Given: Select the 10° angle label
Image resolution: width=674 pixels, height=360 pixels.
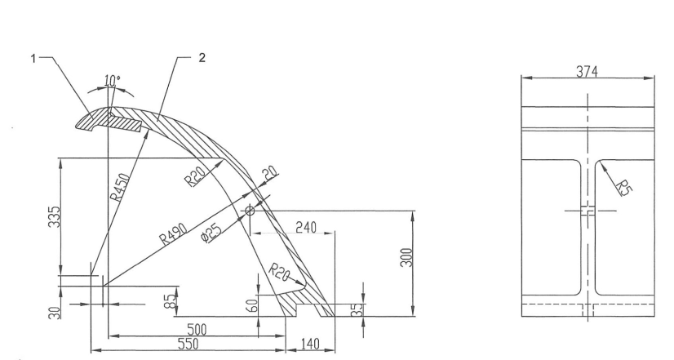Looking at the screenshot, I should click(x=113, y=80).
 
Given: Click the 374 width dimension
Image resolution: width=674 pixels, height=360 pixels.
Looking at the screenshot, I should click(x=588, y=73).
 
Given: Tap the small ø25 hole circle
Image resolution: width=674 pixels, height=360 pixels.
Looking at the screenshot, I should click(x=250, y=211).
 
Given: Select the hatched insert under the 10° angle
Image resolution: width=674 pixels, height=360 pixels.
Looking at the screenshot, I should click(x=121, y=122).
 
